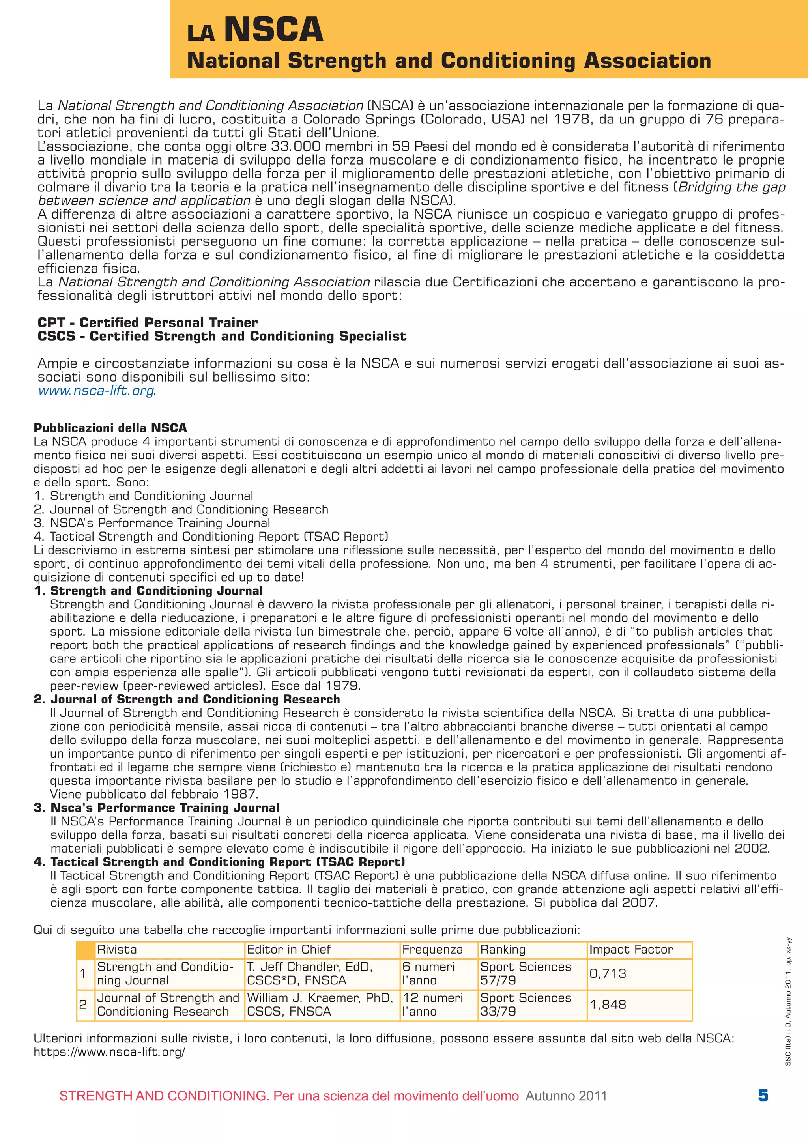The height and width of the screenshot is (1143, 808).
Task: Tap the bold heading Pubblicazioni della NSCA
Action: pos(110,428)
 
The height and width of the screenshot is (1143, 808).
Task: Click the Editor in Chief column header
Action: pos(289,949)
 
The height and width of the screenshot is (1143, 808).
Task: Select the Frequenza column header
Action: pos(432,949)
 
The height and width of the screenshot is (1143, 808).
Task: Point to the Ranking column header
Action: pos(503,949)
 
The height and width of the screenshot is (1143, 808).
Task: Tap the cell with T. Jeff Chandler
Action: pos(310,973)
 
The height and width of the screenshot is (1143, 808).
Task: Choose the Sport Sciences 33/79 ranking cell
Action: pos(525,1004)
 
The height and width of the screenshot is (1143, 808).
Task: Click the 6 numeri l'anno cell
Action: pos(428,973)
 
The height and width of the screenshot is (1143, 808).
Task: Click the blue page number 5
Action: pos(763,1095)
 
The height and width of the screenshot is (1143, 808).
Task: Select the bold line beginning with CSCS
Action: pos(222,336)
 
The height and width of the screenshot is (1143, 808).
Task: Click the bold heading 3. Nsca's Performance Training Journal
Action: pos(156,808)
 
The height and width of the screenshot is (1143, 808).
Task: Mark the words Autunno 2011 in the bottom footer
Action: pos(566,1096)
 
